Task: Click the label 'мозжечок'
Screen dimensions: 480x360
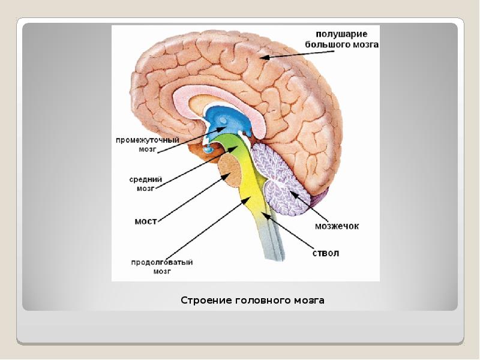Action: point(337,226)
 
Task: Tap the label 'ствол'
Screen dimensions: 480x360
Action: point(326,253)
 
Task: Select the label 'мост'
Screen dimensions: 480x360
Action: point(145,221)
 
